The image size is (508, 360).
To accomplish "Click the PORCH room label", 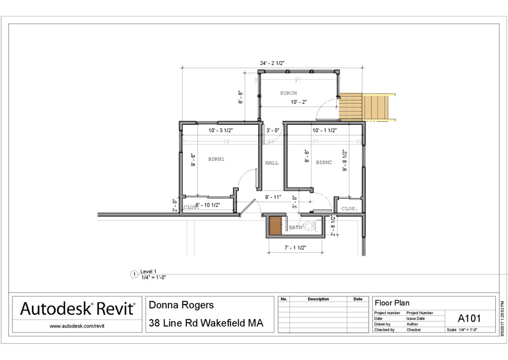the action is click(x=288, y=93).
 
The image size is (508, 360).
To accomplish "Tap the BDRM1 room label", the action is click(x=216, y=159).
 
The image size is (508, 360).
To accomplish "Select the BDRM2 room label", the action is click(x=324, y=162).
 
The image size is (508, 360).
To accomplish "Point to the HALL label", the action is click(x=272, y=163).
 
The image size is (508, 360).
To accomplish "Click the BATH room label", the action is click(x=295, y=227).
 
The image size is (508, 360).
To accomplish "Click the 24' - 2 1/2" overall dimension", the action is click(x=272, y=63).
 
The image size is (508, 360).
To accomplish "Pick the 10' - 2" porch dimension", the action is click(x=299, y=102).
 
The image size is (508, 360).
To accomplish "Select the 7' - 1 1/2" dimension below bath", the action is click(x=295, y=248).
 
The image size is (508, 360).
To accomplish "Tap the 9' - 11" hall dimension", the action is click(x=273, y=197).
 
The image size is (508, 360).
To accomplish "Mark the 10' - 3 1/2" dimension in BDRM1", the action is click(x=221, y=130).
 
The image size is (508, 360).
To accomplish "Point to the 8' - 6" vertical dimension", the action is click(x=306, y=156).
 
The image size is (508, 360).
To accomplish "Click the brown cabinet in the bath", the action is click(x=275, y=225).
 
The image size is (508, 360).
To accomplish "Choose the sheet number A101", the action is click(x=469, y=318).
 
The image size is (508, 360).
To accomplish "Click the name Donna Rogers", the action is click(x=181, y=305).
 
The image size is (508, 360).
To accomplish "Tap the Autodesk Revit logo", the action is click(x=77, y=308).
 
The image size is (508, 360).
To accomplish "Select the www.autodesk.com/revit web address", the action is click(x=77, y=326).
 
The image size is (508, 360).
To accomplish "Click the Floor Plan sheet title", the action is click(x=392, y=303).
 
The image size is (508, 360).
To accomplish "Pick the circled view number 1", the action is click(x=134, y=274).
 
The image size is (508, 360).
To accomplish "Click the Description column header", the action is click(x=318, y=299).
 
